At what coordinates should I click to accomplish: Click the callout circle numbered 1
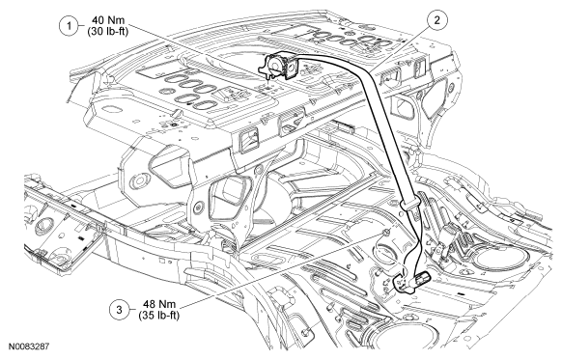click(x=69, y=26)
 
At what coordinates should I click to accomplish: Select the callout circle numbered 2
click(x=436, y=20)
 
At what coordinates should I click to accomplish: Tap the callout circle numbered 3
click(x=120, y=309)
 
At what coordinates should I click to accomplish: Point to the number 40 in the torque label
click(x=98, y=20)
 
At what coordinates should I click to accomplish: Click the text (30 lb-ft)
click(x=107, y=31)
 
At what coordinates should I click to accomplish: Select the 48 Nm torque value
click(x=159, y=304)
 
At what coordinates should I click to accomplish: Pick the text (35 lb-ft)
click(x=159, y=316)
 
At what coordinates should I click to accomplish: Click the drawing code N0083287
click(x=29, y=346)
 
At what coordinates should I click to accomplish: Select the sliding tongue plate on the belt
click(x=409, y=205)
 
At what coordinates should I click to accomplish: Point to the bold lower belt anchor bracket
click(x=404, y=281)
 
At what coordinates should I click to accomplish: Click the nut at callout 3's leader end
click(x=386, y=234)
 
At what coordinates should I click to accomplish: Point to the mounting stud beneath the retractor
click(x=268, y=78)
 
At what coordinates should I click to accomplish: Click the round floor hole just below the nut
click(x=384, y=251)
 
